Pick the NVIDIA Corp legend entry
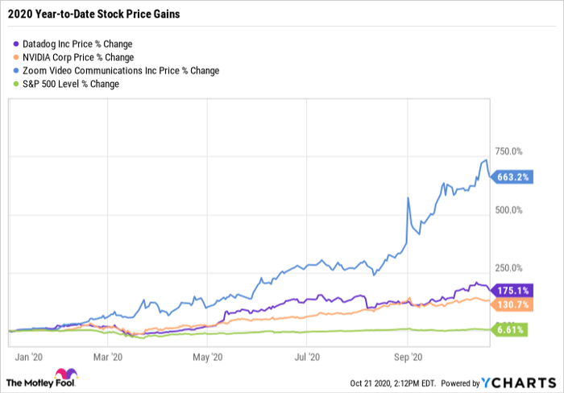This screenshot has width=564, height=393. point(77,57)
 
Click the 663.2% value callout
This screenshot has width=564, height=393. point(512,178)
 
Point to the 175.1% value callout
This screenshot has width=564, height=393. point(512,290)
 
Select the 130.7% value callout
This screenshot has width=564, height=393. point(512,304)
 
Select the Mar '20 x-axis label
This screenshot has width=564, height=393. point(106,355)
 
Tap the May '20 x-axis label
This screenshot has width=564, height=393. point(207,355)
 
